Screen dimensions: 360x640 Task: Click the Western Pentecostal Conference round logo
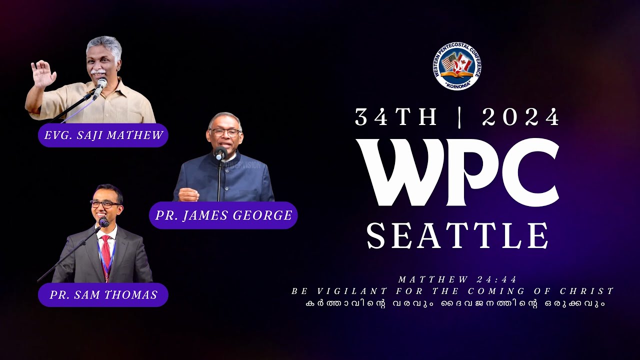click(457, 66)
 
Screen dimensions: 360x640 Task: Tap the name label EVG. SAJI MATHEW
click(103, 135)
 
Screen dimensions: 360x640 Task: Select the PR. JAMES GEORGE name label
click(223, 215)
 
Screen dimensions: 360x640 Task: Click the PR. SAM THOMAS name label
click(103, 295)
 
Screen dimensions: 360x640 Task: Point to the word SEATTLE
click(458, 236)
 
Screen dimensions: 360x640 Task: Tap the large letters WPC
click(458, 173)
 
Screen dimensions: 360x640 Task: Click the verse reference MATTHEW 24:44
click(457, 279)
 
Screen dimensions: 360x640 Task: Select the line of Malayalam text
click(455, 303)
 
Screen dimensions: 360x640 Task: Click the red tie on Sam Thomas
click(106, 250)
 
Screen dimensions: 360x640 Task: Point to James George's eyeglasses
click(224, 132)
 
